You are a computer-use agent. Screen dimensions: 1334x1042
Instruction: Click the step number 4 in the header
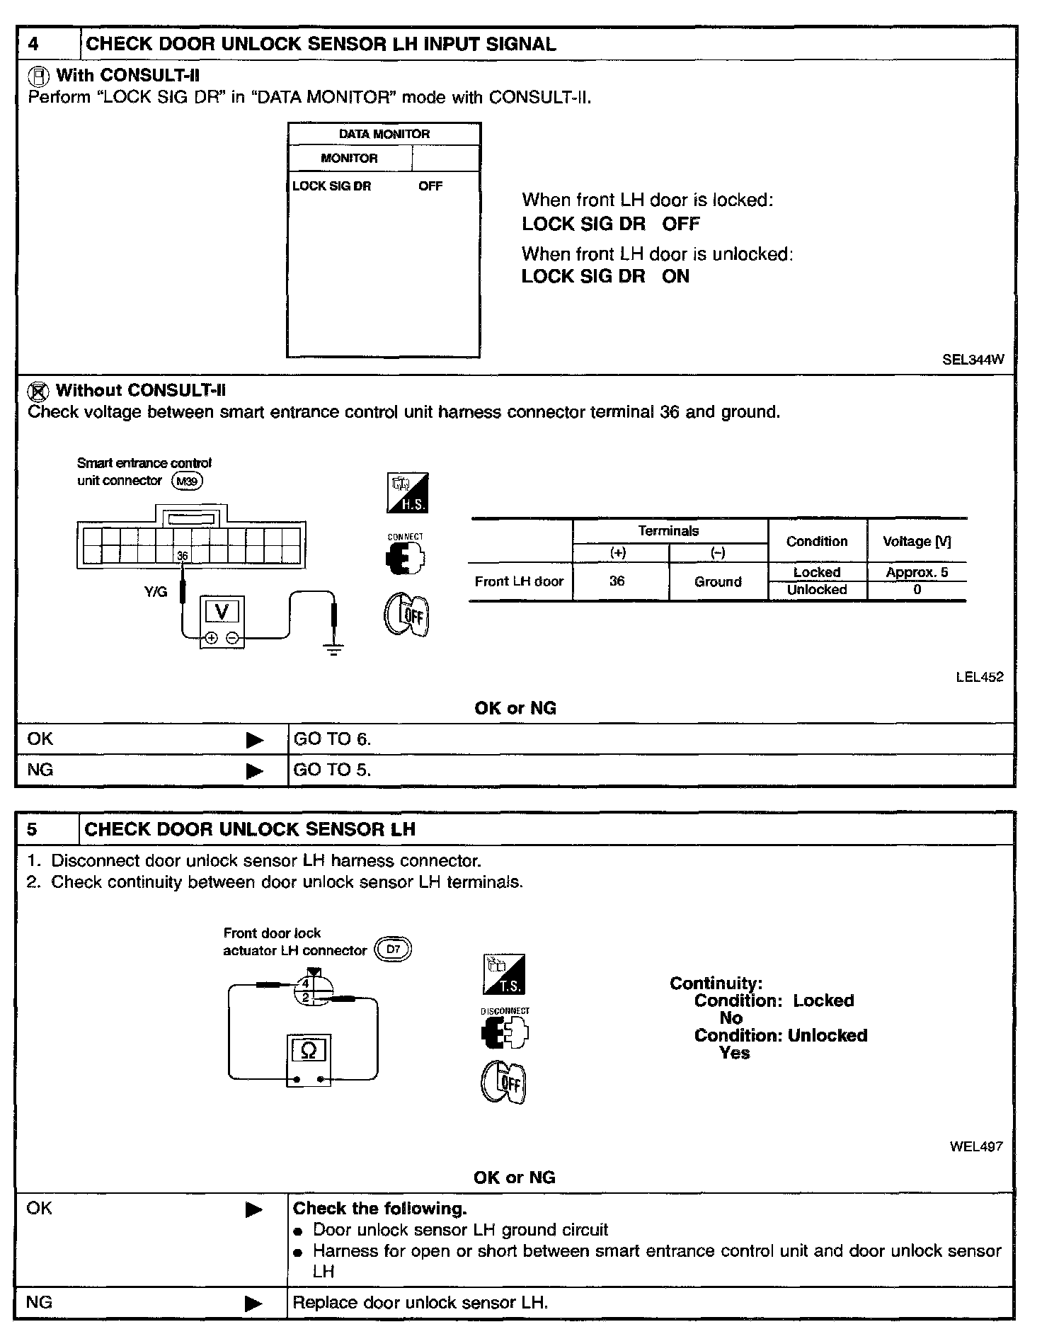[34, 44]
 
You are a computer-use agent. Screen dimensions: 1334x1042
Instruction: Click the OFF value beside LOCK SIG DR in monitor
[430, 186]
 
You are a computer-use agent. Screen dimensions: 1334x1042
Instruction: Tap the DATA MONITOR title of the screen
[384, 134]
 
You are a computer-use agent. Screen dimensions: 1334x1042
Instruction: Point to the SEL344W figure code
[973, 360]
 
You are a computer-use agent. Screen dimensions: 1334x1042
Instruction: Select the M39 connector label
[188, 481]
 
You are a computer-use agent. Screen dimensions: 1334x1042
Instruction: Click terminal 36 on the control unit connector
[183, 556]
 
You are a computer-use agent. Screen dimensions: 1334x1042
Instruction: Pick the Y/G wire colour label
[156, 592]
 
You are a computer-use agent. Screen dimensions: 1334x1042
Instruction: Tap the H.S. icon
[408, 494]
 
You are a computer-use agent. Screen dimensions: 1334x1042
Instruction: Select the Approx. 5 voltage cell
[917, 572]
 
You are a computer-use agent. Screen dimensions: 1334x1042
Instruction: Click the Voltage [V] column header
[917, 542]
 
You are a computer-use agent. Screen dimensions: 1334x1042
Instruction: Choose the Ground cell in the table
[718, 582]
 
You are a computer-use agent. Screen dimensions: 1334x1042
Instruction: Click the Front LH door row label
[519, 582]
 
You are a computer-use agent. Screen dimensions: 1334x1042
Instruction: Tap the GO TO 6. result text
[332, 739]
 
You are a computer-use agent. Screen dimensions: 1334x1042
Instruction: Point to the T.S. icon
[504, 974]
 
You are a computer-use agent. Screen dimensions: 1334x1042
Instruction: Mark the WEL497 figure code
[976, 1146]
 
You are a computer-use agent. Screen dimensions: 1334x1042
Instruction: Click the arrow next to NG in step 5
[253, 1304]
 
